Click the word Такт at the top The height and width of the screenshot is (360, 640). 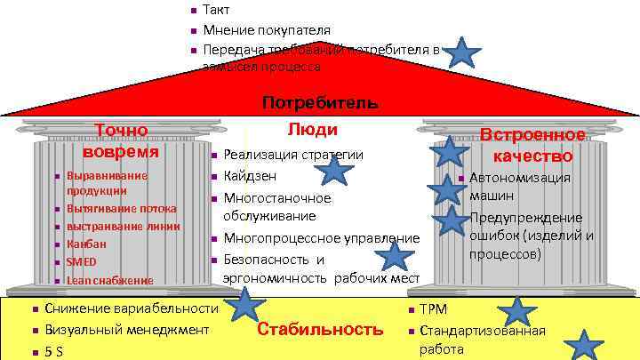click(217, 11)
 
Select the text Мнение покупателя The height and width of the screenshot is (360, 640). click(267, 30)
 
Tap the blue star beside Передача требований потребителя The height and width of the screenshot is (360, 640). click(462, 53)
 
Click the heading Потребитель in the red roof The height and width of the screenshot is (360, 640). click(321, 102)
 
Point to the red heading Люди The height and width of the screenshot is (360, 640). click(313, 129)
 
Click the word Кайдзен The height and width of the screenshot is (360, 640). click(250, 175)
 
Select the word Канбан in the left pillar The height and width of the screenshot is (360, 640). click(86, 244)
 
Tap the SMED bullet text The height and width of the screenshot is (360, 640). click(81, 261)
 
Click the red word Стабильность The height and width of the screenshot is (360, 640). click(319, 329)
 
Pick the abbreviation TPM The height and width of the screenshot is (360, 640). click(433, 309)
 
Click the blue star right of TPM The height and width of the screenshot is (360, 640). click(517, 310)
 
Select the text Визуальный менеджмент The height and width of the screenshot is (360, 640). click(126, 329)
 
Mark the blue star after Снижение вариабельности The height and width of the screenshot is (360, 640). click(244, 305)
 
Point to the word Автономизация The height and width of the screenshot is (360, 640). click(520, 177)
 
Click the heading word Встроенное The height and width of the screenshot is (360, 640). click(532, 135)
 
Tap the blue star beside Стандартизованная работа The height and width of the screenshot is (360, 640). click(584, 345)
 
